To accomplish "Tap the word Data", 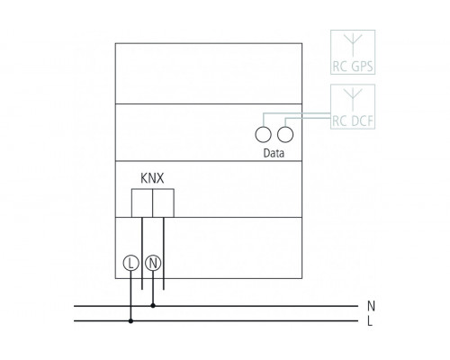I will (x=274, y=153).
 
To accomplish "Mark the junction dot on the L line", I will (x=131, y=319).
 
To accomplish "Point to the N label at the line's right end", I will (x=373, y=306).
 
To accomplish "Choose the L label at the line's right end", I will (x=373, y=320).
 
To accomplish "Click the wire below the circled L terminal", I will (x=131, y=292).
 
